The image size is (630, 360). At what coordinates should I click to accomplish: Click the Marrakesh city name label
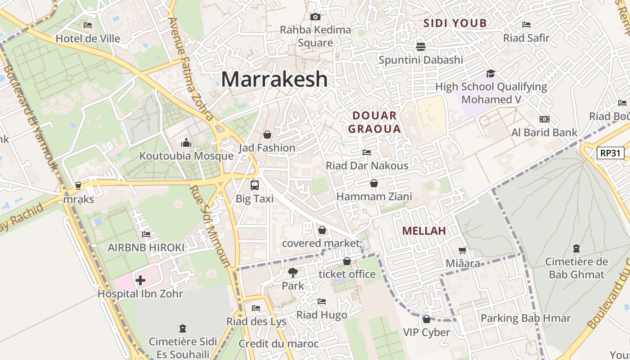pos(274,80)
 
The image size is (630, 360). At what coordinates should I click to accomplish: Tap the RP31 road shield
pos(611,153)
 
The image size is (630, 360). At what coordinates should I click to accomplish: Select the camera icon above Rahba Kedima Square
pos(315,17)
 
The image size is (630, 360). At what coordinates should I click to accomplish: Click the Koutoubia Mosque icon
pos(186,143)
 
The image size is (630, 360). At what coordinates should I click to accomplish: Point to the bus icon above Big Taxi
pos(255,185)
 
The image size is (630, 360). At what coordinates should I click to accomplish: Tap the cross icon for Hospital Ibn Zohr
pos(140,281)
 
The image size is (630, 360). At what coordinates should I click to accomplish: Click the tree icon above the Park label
pos(293,272)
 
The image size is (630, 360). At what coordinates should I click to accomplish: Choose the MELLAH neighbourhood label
pos(423,231)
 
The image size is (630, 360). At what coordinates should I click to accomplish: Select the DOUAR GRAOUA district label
pos(374,122)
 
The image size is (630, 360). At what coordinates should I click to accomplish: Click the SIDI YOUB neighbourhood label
pos(455,23)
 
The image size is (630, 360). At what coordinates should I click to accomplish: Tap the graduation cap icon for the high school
pos(490,73)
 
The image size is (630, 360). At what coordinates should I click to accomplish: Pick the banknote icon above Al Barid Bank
pos(544,119)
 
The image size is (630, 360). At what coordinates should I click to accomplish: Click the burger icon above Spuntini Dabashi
pos(421,46)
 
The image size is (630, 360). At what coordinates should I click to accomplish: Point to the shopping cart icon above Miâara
pos(462,250)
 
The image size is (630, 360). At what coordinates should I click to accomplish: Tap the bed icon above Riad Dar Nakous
pos(367,153)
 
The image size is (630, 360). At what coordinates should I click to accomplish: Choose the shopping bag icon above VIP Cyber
pos(426,319)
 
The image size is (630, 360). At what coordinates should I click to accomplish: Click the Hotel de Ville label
pos(88,39)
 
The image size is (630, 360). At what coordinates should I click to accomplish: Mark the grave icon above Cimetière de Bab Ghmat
pos(576,248)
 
